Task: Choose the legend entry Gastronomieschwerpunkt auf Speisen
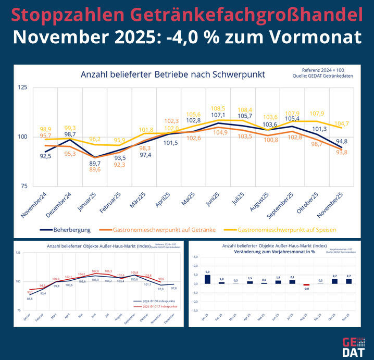pos(286,229)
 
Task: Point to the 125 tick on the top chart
pos(22,88)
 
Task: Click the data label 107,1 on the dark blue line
pos(218,115)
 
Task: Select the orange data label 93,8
pos(342,152)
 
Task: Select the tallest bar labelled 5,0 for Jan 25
pos(207,279)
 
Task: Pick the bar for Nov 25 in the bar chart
pos(348,281)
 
